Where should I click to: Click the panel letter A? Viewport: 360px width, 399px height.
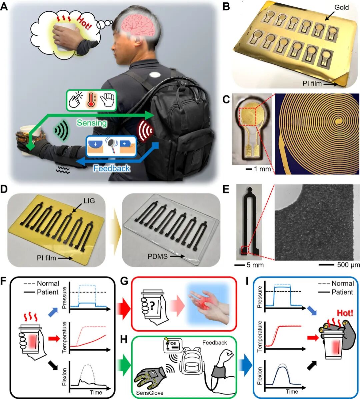[x=5, y=6]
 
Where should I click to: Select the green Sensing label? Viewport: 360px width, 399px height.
[x=92, y=123]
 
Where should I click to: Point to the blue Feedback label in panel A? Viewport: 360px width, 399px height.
[x=112, y=168]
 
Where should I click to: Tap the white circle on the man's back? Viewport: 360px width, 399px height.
[x=156, y=75]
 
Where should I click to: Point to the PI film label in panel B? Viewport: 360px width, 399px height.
[x=312, y=83]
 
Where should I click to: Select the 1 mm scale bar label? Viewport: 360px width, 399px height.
[x=262, y=168]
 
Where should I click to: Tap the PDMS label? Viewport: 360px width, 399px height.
[x=157, y=256]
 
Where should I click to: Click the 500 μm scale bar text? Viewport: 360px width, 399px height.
[x=348, y=265]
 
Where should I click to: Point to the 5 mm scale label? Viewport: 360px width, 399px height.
[x=255, y=265]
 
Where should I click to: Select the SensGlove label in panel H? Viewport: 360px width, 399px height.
[x=150, y=393]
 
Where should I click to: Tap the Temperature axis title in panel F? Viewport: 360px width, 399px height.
[x=65, y=337]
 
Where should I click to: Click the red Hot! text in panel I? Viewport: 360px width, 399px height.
[x=345, y=313]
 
